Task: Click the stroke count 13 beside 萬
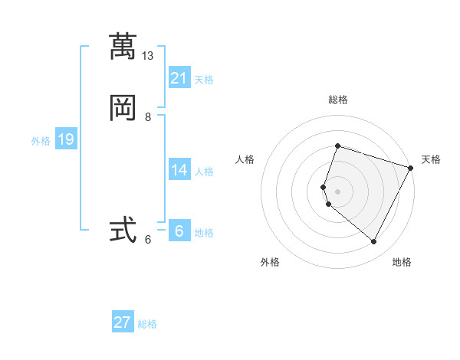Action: click(x=148, y=56)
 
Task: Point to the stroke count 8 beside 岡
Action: click(x=148, y=117)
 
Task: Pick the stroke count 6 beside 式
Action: click(x=148, y=240)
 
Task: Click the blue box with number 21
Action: click(x=179, y=77)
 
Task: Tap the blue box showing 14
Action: click(x=179, y=169)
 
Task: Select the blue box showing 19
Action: click(x=66, y=139)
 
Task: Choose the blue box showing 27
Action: click(x=123, y=322)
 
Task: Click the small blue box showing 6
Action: click(x=179, y=231)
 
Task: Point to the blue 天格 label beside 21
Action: click(x=204, y=80)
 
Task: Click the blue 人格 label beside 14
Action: click(x=204, y=172)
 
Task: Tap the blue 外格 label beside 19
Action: click(x=41, y=141)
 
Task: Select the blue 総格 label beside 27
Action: click(x=147, y=324)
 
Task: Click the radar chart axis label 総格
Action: click(x=338, y=100)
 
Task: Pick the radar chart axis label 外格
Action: click(x=270, y=262)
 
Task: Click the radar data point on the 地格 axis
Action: click(x=374, y=241)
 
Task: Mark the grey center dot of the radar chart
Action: click(x=338, y=190)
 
